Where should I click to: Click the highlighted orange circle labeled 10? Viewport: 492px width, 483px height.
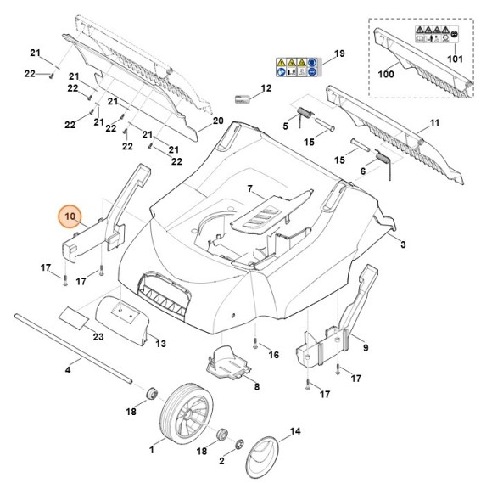(71, 218)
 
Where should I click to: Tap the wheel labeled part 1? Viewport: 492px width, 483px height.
(185, 416)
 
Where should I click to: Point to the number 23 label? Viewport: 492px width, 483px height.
(98, 338)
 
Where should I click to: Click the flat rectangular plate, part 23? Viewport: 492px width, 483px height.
(73, 317)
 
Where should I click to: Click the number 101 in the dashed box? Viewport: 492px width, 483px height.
(454, 59)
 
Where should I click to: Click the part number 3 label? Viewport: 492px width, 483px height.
(404, 244)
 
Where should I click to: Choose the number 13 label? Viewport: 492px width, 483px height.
(161, 344)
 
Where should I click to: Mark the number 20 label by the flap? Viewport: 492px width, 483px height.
(217, 121)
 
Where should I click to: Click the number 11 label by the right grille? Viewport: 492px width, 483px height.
(434, 125)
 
